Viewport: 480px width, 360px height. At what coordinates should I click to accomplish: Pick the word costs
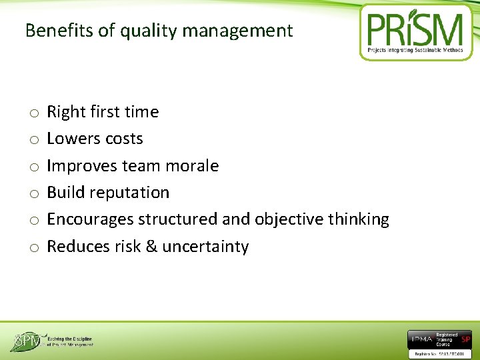tap(125, 139)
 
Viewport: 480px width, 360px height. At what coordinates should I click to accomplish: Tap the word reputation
tap(131, 193)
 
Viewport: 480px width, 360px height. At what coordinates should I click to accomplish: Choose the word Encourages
tap(89, 219)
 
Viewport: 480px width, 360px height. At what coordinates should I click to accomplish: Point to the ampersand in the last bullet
tap(151, 247)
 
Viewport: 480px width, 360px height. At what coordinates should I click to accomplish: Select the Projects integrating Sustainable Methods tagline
tap(416, 51)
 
